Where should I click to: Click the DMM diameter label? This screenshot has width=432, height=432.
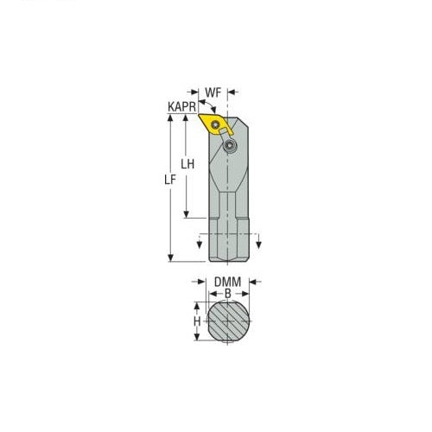pos(227,282)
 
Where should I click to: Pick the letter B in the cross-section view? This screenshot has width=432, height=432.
pos(227,294)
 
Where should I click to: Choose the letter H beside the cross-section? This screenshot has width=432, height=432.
pos(196,321)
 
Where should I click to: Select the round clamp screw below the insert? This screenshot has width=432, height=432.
pos(231,148)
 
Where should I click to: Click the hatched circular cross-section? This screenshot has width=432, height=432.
pos(227,321)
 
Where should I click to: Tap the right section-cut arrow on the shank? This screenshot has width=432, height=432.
pos(255,241)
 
